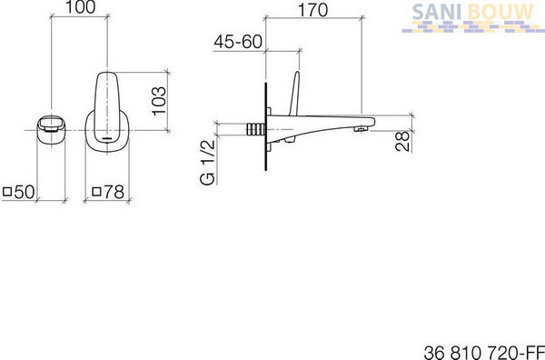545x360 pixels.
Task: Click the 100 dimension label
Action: (80, 7)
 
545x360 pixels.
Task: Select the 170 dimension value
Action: (312, 10)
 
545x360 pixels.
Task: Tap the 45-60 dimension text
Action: (238, 42)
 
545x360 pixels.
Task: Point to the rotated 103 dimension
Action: (159, 101)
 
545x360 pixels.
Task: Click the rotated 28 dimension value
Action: (402, 141)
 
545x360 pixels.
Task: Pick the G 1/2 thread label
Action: (207, 162)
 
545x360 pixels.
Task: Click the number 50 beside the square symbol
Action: (25, 192)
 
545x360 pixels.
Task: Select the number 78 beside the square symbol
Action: (114, 192)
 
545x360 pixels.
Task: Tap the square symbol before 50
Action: (7, 191)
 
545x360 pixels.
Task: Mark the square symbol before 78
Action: (96, 191)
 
